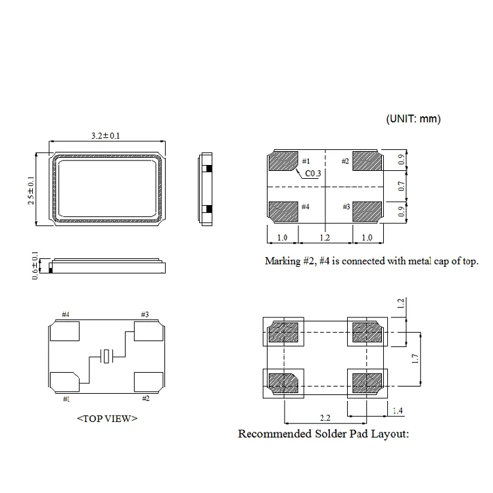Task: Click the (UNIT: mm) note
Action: pos(412,119)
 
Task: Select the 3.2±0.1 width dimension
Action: pos(105,135)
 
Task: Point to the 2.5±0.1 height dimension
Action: pos(31,190)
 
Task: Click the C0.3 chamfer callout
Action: pos(312,174)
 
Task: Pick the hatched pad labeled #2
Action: pos(367,161)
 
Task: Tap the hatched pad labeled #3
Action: pos(367,211)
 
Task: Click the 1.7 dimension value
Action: pos(415,358)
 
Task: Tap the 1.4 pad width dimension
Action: pos(398,411)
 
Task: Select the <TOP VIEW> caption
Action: pos(107,418)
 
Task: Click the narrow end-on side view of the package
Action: pos(206,189)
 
